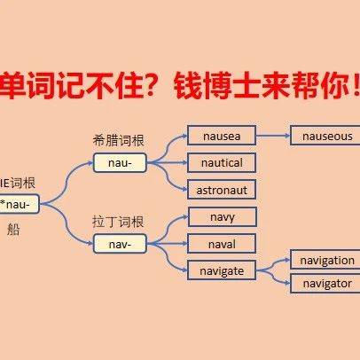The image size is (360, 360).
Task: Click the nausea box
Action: click(221, 136)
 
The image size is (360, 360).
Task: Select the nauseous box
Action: click(326, 136)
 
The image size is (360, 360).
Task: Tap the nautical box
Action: click(221, 162)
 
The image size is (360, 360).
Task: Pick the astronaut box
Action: click(221, 188)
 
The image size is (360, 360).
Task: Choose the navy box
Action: click(221, 216)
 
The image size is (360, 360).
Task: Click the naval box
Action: click(221, 242)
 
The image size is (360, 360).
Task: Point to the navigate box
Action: click(221, 269)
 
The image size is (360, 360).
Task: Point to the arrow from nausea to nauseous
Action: click(273, 136)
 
